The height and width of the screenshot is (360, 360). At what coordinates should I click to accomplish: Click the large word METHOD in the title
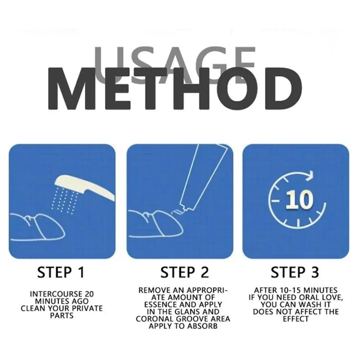[175, 88]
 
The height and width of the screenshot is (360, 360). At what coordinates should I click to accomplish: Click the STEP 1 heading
[61, 272]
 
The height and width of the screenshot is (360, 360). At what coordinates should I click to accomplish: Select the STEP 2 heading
[185, 272]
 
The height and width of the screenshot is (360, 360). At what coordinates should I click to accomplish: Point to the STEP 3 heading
[295, 272]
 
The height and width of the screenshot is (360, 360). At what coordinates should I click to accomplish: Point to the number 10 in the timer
[299, 199]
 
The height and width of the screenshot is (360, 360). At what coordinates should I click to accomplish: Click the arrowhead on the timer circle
[310, 175]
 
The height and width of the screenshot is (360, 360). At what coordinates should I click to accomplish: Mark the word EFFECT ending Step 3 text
[296, 319]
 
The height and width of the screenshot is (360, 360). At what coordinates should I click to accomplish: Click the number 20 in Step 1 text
[89, 294]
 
